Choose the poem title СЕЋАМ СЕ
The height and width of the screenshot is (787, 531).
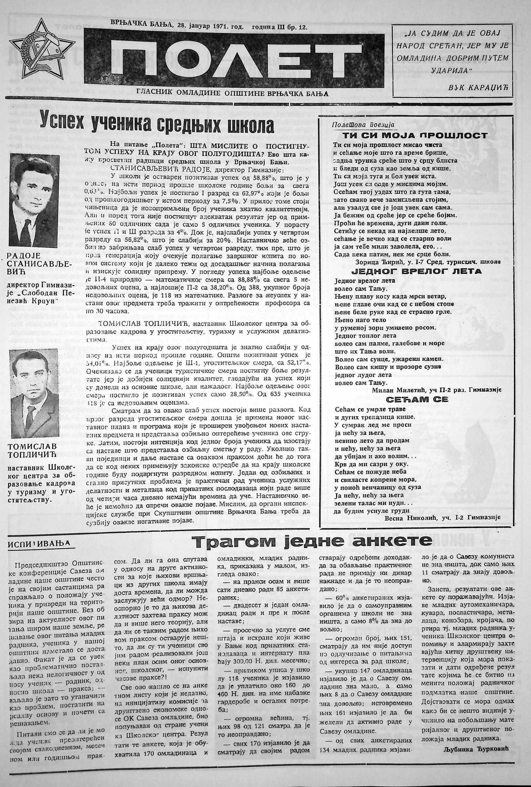pyautogui.click(x=417, y=399)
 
